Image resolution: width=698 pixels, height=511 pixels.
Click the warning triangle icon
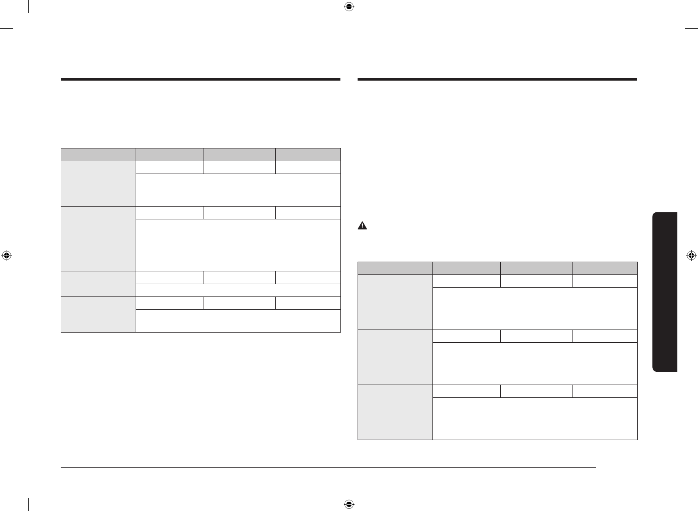click(362, 226)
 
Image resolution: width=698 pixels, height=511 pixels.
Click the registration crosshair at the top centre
click(349, 7)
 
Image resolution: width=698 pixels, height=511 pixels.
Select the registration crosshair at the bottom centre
click(349, 504)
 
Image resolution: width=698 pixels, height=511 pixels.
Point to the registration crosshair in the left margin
click(6, 255)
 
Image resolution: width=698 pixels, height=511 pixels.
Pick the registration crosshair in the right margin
click(691, 255)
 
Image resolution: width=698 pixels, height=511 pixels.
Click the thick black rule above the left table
click(200, 80)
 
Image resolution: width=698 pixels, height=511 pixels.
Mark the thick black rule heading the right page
click(497, 80)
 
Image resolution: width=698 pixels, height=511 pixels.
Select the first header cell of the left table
click(98, 155)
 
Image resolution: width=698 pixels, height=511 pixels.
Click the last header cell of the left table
click(308, 155)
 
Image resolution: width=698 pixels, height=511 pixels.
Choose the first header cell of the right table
click(395, 268)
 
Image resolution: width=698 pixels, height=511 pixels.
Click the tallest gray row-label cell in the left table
click(98, 238)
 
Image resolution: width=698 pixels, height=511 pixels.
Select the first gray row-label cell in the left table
click(98, 183)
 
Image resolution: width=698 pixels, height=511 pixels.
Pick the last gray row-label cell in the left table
click(98, 314)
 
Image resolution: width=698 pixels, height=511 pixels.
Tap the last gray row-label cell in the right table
click(395, 412)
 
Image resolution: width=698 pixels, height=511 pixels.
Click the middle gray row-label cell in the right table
click(395, 357)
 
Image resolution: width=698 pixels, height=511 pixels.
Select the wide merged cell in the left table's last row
click(238, 321)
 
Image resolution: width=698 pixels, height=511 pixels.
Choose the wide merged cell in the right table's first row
click(535, 308)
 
